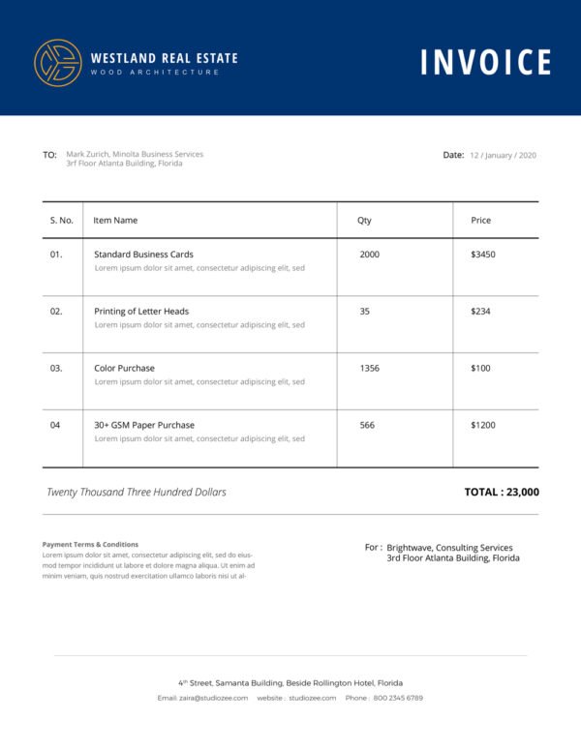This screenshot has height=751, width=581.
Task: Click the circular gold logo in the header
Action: (x=57, y=63)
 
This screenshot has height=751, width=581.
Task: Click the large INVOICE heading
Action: (x=485, y=62)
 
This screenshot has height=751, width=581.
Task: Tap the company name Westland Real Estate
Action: (x=164, y=58)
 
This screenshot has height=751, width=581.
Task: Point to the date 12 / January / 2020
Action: (x=503, y=155)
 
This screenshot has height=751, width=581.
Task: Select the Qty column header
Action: (x=364, y=221)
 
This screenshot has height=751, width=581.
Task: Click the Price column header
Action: (x=480, y=221)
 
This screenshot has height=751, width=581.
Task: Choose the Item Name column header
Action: (x=115, y=221)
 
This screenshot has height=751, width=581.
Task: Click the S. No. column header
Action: (x=61, y=221)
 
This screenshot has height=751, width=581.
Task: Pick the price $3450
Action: (x=482, y=255)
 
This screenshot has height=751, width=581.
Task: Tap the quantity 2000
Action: (x=369, y=255)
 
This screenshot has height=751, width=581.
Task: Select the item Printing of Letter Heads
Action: (x=141, y=312)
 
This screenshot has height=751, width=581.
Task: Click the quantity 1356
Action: (x=369, y=369)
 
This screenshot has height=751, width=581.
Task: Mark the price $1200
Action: (x=482, y=426)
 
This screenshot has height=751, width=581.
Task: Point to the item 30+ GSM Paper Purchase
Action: (x=144, y=426)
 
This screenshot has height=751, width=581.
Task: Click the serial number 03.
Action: (x=56, y=369)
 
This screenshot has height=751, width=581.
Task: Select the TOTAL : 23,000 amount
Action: (x=502, y=492)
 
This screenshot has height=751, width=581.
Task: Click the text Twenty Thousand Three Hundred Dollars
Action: (x=137, y=493)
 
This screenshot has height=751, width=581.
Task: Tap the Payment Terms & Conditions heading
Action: (x=90, y=545)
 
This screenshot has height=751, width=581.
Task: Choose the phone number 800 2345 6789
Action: (x=398, y=698)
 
